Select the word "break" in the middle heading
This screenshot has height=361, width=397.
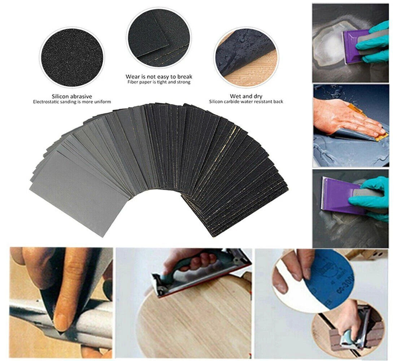point(184,77)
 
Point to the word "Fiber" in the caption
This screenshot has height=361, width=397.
point(133,82)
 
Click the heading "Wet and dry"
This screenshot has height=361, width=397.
point(246,96)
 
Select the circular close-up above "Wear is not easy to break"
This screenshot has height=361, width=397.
point(158,38)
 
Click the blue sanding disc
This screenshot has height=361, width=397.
point(330,282)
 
